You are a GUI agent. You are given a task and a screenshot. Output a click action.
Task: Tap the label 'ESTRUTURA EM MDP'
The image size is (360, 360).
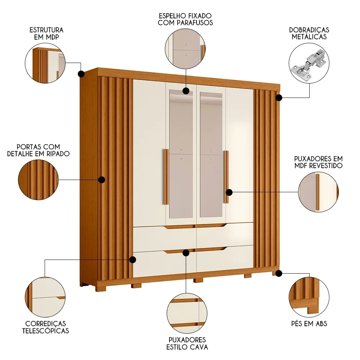(47, 33)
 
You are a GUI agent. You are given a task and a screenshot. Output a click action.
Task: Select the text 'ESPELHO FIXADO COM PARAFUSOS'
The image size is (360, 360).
(185, 19)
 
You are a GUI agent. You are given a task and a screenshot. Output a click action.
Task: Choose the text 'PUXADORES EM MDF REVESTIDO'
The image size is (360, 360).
(318, 162)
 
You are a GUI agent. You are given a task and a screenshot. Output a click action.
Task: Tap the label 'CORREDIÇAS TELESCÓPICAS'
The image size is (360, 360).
(45, 327)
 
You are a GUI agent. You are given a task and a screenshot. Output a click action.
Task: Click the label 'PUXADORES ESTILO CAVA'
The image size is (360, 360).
(187, 343)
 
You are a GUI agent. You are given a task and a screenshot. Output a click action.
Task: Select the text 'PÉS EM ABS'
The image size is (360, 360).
(309, 324)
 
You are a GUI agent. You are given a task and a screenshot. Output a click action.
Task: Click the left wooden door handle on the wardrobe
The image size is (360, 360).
(166, 176)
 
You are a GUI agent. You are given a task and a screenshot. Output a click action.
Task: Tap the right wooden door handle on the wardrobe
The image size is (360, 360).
(226, 176)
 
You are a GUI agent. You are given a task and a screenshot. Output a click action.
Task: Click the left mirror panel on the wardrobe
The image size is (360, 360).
(181, 155)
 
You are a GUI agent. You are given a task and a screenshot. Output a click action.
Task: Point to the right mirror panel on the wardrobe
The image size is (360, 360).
(211, 155)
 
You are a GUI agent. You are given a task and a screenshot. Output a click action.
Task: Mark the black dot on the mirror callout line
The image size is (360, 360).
(186, 91)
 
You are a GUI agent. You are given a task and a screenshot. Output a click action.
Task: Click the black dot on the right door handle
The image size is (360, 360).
(229, 192)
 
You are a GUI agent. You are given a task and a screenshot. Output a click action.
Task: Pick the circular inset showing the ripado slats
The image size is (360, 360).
(39, 180)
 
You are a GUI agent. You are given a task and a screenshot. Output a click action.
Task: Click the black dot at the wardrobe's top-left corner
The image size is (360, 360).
(81, 74)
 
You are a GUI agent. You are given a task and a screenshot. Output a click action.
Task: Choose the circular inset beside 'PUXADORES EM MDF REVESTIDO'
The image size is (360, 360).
(319, 192)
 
